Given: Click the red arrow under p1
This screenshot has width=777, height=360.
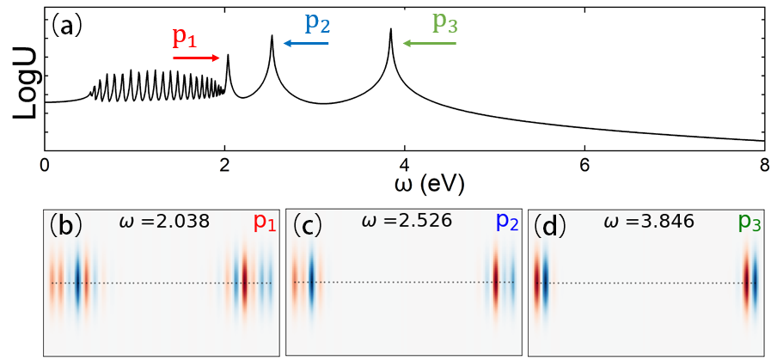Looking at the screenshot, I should pos(196,58).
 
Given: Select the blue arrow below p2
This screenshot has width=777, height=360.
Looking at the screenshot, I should pos(306,42).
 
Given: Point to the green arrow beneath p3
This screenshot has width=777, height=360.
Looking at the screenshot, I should pos(429,42).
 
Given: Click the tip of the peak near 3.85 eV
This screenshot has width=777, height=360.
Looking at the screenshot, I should pos(391,29).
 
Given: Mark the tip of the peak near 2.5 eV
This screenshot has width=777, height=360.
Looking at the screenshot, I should pos(272,36).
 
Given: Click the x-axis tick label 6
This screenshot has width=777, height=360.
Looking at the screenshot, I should pos(584,165).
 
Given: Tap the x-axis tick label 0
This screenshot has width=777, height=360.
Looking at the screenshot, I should pos(44,165).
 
